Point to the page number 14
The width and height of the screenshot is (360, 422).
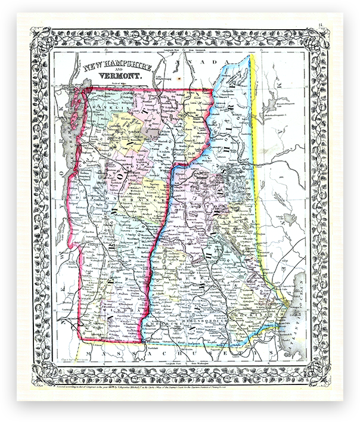click(338, 25)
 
